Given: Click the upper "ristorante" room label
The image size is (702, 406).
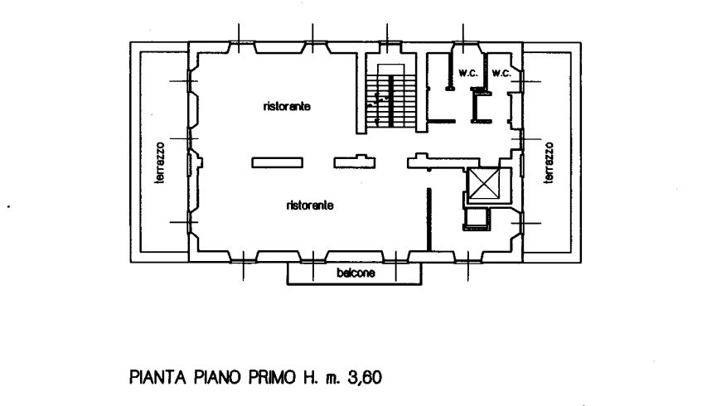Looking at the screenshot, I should coord(287,107).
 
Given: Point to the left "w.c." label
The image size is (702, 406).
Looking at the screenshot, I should coord(466,74).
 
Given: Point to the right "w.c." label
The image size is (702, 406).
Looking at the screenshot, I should coord(501,74).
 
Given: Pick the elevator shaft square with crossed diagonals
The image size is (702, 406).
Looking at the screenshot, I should coord(486,185).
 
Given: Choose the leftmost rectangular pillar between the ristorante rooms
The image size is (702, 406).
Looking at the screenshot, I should coord(276,162).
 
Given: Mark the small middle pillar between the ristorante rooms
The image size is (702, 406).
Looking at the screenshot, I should coord(352,162).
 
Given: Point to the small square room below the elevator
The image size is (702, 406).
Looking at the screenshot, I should coord(476,218).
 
